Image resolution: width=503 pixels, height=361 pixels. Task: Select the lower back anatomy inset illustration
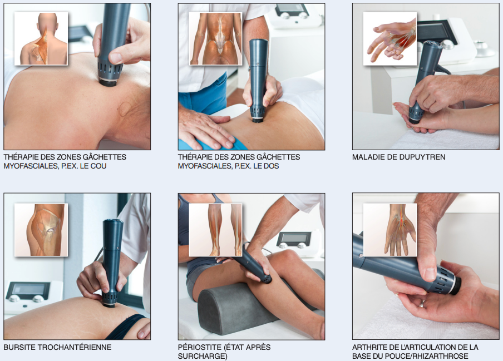pos(215,39)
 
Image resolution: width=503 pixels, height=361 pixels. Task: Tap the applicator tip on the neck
pos(108,82)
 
